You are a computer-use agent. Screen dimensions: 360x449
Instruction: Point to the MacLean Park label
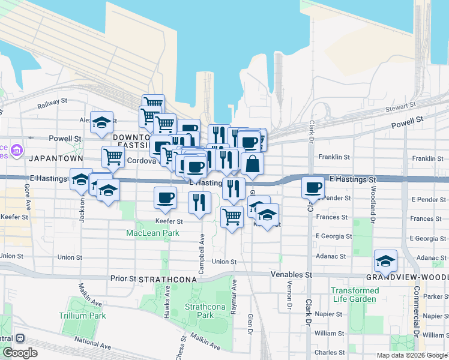[152, 233]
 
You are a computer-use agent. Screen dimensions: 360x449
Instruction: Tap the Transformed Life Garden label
[355, 295]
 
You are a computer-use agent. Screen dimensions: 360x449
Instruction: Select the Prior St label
[123, 279]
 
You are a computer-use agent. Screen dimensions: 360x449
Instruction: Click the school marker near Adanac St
[385, 260]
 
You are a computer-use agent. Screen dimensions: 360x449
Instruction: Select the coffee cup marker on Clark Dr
[312, 187]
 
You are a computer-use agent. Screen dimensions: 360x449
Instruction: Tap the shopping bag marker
[252, 163]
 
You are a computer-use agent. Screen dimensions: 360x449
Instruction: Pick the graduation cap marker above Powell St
[102, 122]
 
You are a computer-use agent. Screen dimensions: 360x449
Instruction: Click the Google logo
[20, 353]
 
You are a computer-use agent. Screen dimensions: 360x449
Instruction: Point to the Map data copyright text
[411, 355]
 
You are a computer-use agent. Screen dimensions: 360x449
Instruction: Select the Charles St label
[330, 353]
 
